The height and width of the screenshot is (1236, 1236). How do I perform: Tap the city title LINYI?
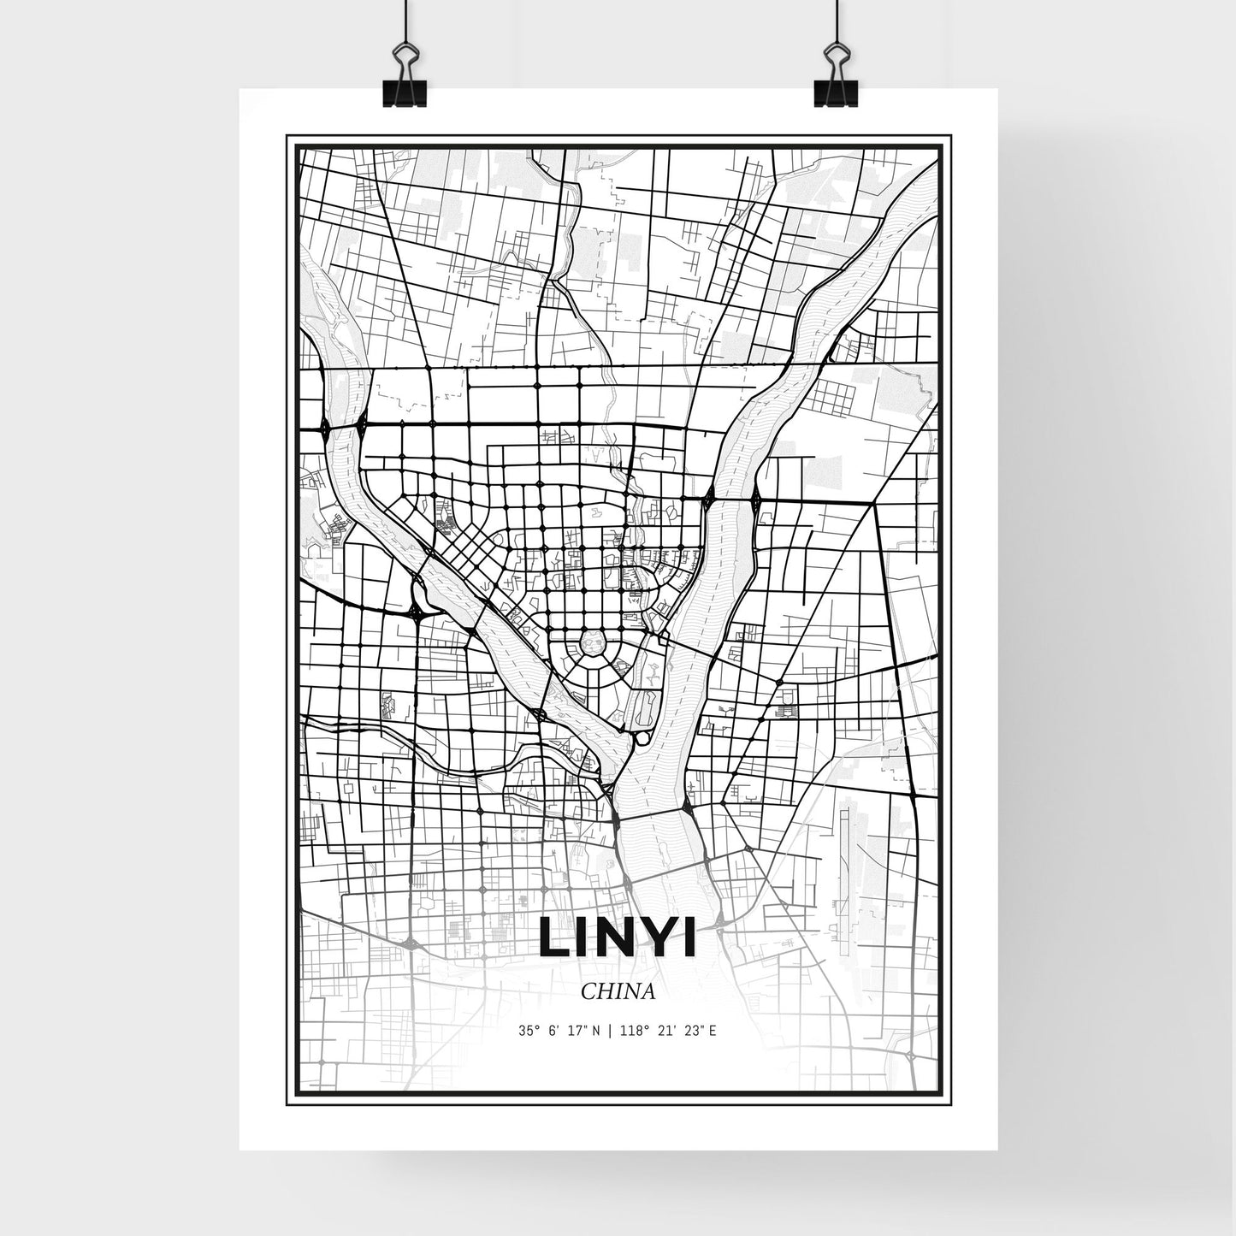click(x=618, y=937)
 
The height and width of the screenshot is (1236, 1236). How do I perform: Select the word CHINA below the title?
click(x=618, y=991)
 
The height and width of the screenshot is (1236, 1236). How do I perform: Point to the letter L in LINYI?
click(x=551, y=937)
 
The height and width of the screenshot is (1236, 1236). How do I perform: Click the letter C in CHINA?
click(x=587, y=991)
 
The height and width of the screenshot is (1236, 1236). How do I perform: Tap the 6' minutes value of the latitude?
click(x=552, y=1031)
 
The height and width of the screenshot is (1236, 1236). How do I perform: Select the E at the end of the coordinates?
click(x=712, y=1031)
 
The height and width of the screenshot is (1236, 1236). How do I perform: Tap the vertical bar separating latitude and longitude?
click(x=608, y=1031)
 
